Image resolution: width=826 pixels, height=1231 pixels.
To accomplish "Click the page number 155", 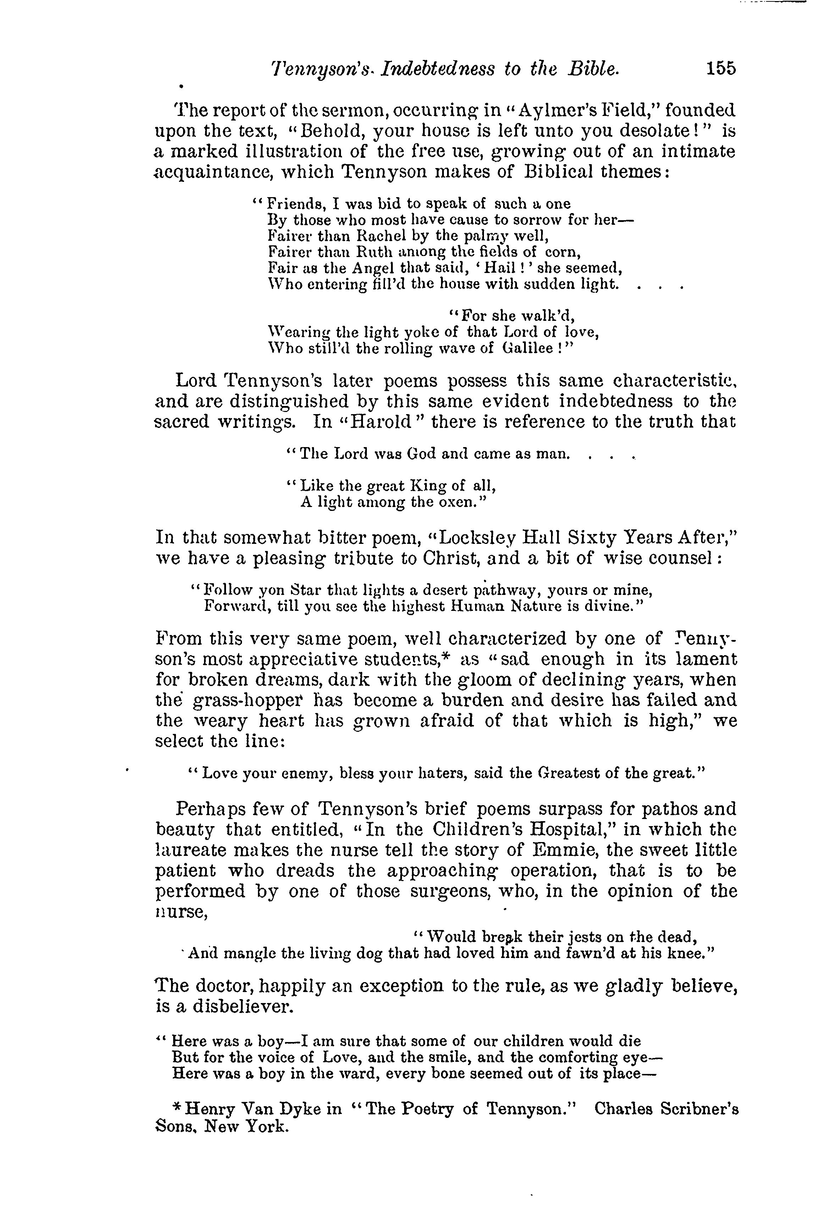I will pos(721,69).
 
